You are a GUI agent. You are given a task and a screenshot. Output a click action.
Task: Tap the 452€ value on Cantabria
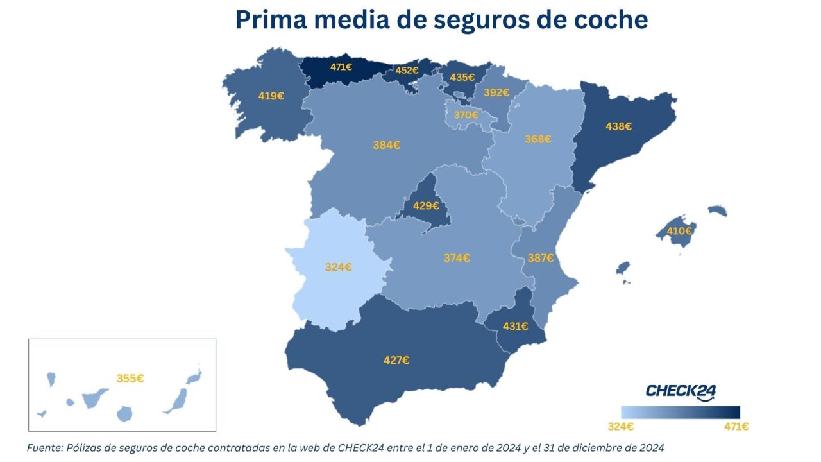(407, 71)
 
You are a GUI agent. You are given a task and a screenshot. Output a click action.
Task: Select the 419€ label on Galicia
(271, 96)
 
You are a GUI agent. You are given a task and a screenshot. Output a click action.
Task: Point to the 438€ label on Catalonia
(618, 127)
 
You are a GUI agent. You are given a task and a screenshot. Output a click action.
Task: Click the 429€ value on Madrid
(426, 206)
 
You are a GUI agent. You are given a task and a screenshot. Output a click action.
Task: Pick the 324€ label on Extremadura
(338, 267)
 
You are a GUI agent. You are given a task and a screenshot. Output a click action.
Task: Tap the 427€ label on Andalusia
(396, 361)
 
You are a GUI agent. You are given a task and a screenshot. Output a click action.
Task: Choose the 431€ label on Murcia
(515, 326)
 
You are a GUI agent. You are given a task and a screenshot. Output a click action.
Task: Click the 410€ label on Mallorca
(679, 231)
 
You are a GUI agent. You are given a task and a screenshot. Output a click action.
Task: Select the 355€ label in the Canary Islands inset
(130, 379)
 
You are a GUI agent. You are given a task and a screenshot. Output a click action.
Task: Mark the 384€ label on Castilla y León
(387, 145)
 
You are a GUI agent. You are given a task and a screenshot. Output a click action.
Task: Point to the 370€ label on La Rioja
(466, 115)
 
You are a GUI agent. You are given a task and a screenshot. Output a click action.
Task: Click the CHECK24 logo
(681, 391)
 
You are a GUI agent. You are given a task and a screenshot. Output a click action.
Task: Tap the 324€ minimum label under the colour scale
(620, 426)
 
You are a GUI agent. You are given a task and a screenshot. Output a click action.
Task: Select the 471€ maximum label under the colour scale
(736, 426)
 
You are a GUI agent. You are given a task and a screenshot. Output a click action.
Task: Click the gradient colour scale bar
(681, 412)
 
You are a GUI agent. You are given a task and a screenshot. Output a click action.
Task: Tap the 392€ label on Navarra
(496, 92)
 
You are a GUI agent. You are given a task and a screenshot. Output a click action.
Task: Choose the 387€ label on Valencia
(541, 258)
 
